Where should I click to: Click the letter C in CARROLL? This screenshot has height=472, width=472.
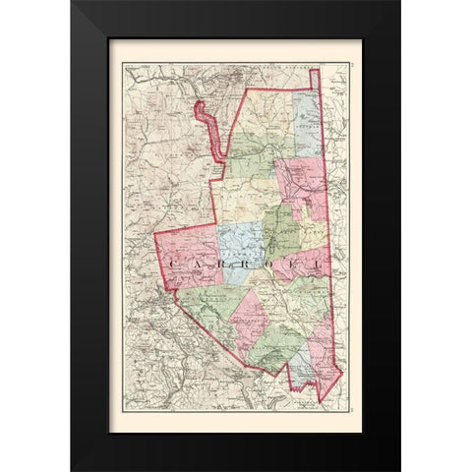coord(179,265)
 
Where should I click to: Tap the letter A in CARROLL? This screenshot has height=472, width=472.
coord(204,265)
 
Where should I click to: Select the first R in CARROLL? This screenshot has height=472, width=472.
coord(227,265)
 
